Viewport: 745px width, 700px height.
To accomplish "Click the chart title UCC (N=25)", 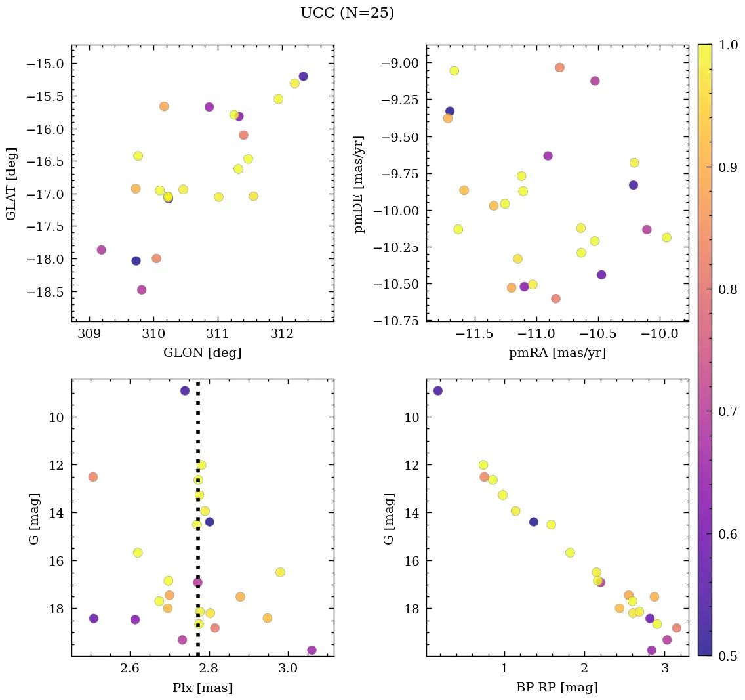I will (347, 13).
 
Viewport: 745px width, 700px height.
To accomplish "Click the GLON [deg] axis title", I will (202, 353).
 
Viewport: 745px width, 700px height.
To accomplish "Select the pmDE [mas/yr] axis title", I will (359, 184).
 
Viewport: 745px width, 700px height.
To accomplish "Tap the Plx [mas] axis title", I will (202, 688).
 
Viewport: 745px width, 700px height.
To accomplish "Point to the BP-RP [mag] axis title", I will (557, 688).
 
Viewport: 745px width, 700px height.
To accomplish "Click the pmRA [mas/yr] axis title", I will (557, 353).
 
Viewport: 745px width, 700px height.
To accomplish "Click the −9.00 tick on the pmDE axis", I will (398, 64).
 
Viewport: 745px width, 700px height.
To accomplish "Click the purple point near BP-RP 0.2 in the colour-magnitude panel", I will (437, 390).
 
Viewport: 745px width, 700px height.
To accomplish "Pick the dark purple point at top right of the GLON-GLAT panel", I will (303, 76).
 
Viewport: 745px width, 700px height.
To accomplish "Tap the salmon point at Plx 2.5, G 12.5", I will (93, 476).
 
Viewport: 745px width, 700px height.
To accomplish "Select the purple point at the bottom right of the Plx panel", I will (312, 650).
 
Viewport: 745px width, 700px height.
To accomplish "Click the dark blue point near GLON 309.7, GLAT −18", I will (136, 260).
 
